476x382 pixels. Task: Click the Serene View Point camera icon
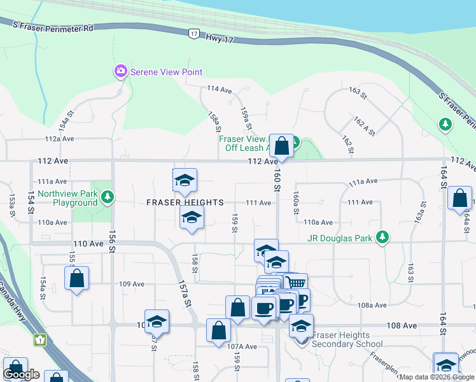pos(120,72)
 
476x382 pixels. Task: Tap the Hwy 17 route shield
pos(193,33)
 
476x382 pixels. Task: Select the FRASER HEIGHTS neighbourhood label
pos(185,202)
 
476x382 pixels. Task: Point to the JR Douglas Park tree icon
pos(382,238)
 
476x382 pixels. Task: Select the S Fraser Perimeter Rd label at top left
pos(53,27)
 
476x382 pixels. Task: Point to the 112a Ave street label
pos(60,138)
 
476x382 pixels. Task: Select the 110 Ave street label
pos(88,244)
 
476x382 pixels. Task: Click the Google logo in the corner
pos(20,375)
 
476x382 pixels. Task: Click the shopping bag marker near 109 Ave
pos(76,278)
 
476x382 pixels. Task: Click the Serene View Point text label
pos(166,73)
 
